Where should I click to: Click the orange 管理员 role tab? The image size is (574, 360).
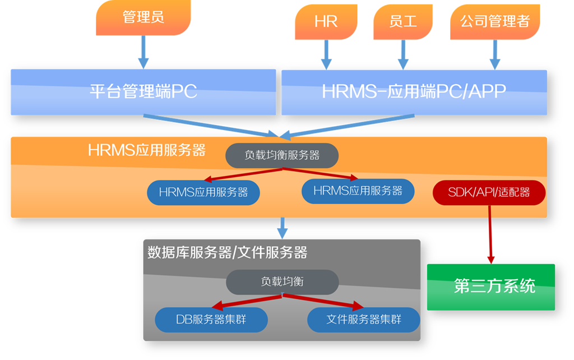(x=143, y=17)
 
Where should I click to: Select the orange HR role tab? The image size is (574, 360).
(x=326, y=22)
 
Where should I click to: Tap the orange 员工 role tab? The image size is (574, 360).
(x=402, y=22)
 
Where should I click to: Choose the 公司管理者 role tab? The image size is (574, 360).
(x=495, y=22)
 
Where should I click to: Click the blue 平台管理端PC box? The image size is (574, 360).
(x=143, y=93)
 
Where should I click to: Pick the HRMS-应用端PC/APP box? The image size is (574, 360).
(x=414, y=93)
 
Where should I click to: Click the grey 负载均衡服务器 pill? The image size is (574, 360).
(x=282, y=155)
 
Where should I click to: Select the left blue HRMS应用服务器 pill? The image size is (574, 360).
(x=203, y=192)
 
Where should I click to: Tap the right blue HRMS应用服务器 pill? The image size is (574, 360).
(x=358, y=191)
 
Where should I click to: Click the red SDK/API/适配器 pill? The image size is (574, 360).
(x=489, y=192)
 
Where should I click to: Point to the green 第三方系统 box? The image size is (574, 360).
(x=491, y=287)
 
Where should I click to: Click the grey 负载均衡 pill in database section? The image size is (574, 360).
(x=283, y=282)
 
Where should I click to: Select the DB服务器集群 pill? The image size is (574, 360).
(x=211, y=320)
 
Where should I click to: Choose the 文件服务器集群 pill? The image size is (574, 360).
(x=363, y=320)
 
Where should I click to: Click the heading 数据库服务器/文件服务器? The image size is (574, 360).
(x=228, y=252)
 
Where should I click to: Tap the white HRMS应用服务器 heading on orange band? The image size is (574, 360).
(x=147, y=150)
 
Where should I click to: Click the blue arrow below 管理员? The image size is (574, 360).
(x=143, y=52)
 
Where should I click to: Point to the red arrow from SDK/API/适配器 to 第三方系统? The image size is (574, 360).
(x=490, y=234)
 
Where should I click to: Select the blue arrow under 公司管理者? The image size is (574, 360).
(x=495, y=54)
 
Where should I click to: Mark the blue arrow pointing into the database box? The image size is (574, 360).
(x=283, y=228)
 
